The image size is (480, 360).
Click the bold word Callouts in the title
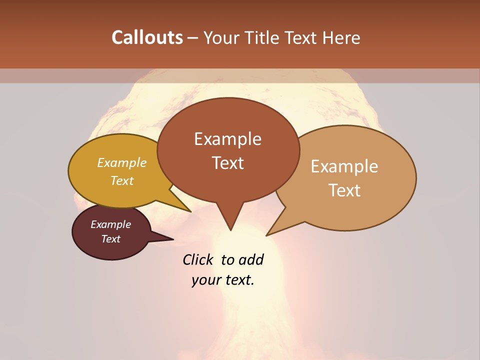pos(147,37)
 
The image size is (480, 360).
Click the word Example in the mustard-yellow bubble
pos(121,162)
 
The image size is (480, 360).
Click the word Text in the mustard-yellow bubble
pos(121,180)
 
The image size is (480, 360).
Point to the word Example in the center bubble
pos(227,139)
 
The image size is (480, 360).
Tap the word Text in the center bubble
pos(227,163)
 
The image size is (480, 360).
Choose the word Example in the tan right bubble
pos(344,166)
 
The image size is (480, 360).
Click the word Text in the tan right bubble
pos(344,190)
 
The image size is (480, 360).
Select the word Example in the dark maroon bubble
pos(110,224)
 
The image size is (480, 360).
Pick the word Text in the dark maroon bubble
pos(110,239)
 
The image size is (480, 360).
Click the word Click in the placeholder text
pos(199,259)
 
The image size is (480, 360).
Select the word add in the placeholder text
pos(251,259)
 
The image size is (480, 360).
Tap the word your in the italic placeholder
pos(206,280)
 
